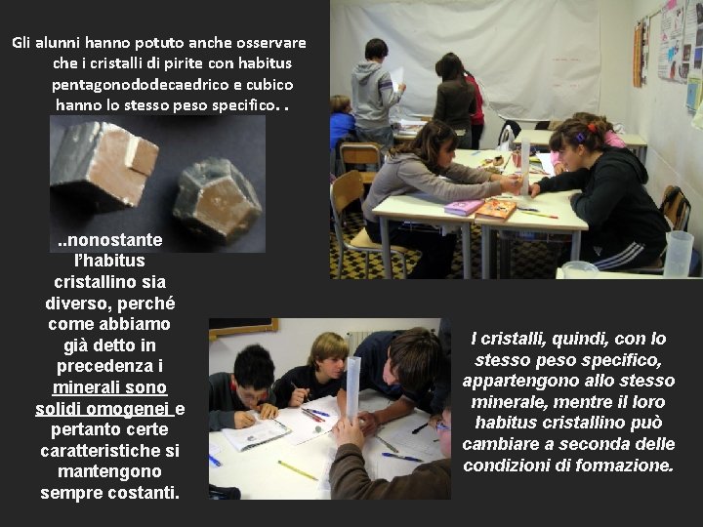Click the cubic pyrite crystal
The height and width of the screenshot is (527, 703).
click(103, 166)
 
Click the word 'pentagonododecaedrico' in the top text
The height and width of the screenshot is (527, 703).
click(122, 83)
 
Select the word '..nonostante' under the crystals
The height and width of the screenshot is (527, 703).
click(109, 240)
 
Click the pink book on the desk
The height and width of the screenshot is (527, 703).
click(462, 207)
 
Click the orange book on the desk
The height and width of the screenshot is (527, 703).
click(496, 208)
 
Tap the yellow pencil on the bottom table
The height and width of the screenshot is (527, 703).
click(298, 471)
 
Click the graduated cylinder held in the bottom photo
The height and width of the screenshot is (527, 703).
click(352, 386)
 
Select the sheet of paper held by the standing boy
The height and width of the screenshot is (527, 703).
click(397, 78)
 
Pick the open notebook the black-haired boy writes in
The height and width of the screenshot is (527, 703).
click(257, 432)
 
